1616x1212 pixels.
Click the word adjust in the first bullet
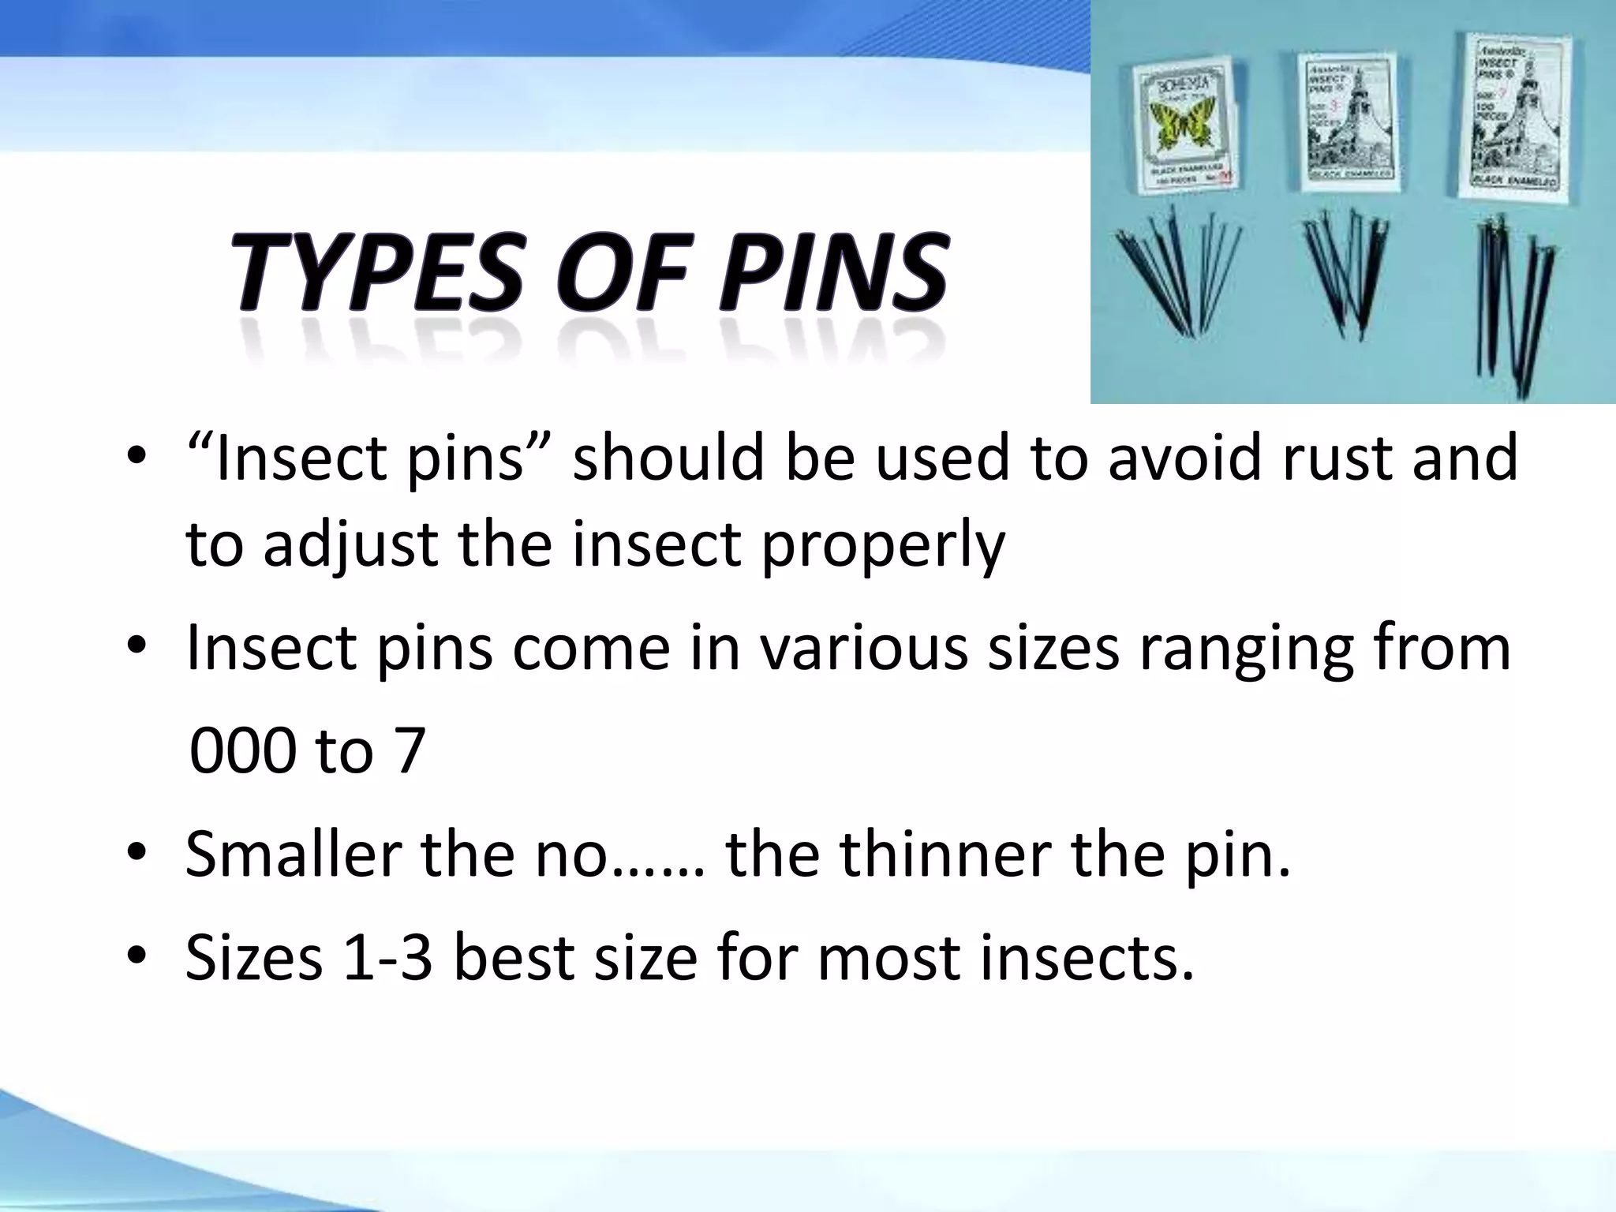point(350,546)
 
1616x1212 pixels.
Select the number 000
point(242,750)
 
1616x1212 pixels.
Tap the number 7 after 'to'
point(409,750)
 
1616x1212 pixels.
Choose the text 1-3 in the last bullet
point(387,958)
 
